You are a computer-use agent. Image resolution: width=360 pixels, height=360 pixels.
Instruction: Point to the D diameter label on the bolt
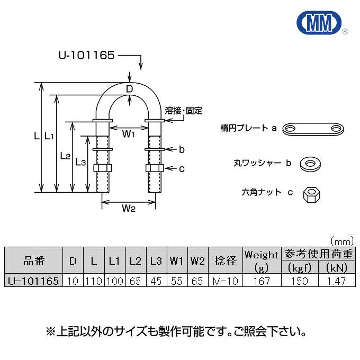coord(129,89)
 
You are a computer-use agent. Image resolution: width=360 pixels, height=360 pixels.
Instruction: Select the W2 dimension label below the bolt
coord(129,208)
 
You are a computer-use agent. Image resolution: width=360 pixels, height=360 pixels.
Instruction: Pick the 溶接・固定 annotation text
coord(183,111)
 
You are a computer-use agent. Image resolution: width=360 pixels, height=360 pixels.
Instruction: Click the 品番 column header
coord(34,260)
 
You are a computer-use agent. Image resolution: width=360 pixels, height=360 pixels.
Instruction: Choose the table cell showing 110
coord(93,281)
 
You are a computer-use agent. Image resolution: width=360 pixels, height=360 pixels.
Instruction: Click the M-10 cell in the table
coord(226,281)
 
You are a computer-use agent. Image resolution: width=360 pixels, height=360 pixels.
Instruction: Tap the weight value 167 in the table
coord(261,281)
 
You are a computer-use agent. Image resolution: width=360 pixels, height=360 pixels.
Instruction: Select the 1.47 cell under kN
coord(336,281)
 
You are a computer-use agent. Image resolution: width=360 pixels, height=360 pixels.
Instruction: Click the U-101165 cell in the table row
coord(34,281)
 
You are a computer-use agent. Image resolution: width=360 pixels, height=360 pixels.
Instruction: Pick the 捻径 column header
coord(226,260)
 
